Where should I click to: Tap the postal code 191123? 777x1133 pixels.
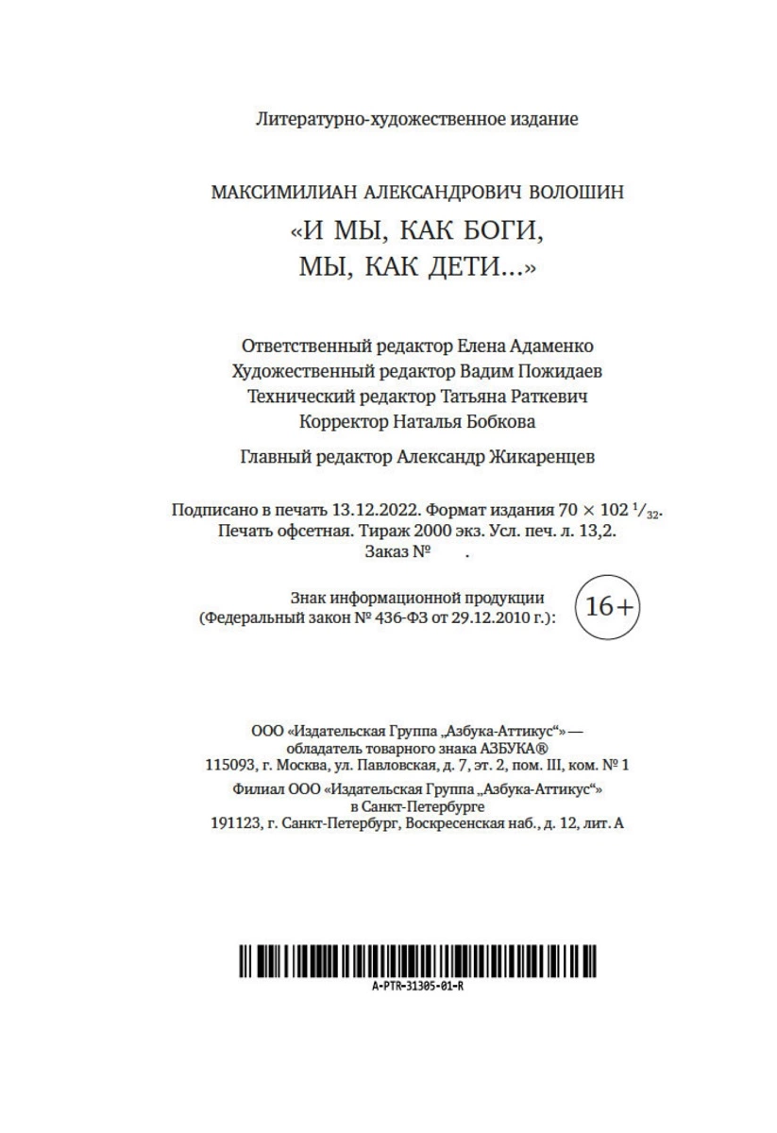point(237,823)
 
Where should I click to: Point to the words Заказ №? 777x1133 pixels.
point(397,551)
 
